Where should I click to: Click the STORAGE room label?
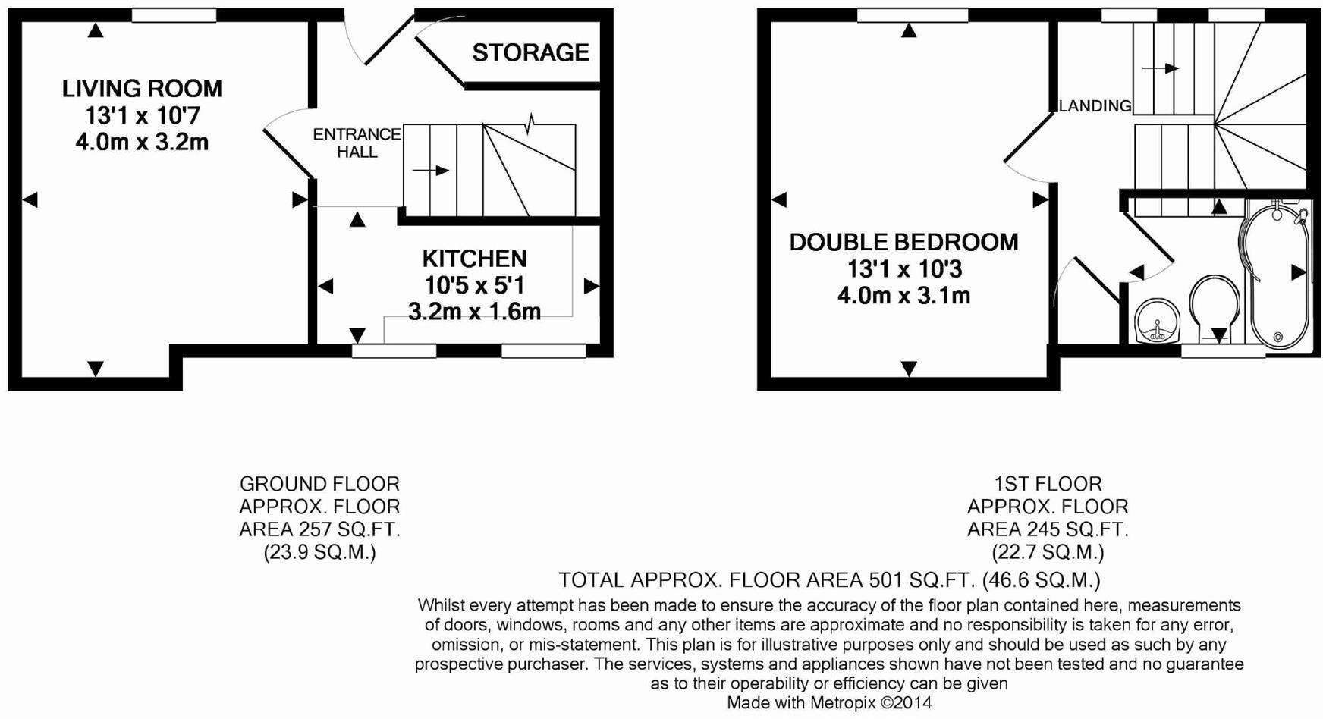pyautogui.click(x=530, y=52)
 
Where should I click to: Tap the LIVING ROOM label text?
pyautogui.click(x=142, y=89)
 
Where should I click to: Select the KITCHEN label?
pyautogui.click(x=474, y=259)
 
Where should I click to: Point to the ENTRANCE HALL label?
pyautogui.click(x=357, y=143)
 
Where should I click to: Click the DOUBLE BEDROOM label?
pyautogui.click(x=903, y=243)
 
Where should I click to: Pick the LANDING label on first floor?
pyautogui.click(x=1095, y=106)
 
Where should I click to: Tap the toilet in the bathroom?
pyautogui.click(x=1214, y=307)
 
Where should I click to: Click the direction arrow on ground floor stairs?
pyautogui.click(x=431, y=171)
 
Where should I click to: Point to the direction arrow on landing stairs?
pyautogui.click(x=1160, y=68)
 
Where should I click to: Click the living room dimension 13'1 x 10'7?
pyautogui.click(x=142, y=116)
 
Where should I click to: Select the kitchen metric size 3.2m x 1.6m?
pyautogui.click(x=474, y=312)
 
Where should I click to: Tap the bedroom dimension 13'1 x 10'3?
pyautogui.click(x=903, y=269)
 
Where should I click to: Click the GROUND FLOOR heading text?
pyautogui.click(x=319, y=484)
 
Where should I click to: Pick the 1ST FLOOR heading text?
pyautogui.click(x=1048, y=484)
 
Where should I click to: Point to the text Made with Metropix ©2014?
pyautogui.click(x=828, y=703)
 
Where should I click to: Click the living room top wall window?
pyautogui.click(x=174, y=15)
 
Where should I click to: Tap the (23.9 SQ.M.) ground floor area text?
pyautogui.click(x=319, y=552)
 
